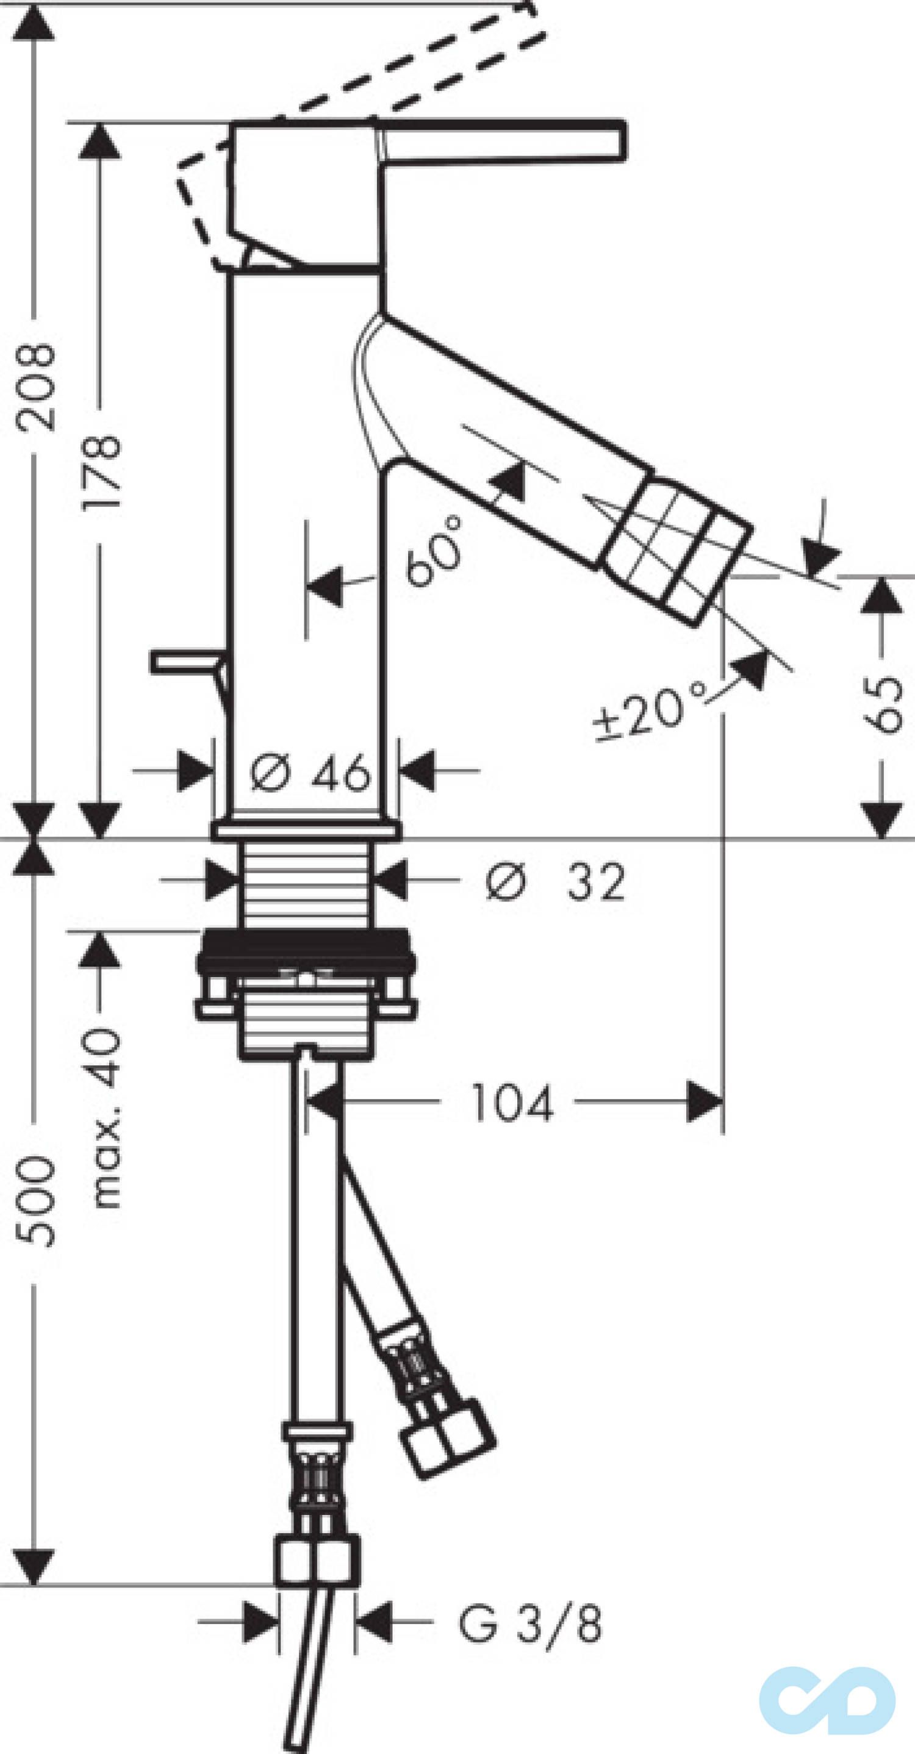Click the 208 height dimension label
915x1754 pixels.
[x=36, y=386]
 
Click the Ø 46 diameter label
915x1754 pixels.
[x=310, y=772]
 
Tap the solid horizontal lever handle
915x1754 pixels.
[x=504, y=141]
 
